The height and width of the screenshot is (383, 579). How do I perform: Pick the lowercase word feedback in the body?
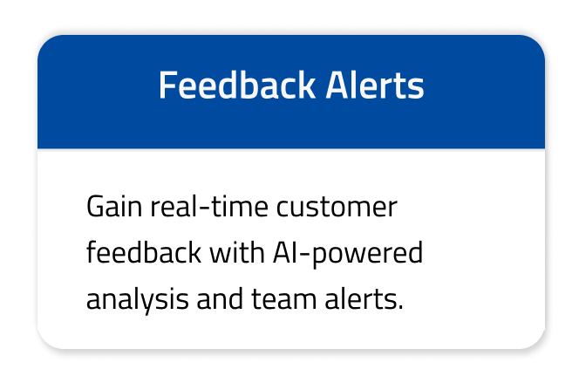click(141, 254)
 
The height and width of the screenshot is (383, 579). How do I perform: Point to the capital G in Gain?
click(96, 209)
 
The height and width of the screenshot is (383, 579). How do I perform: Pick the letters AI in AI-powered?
click(292, 254)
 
